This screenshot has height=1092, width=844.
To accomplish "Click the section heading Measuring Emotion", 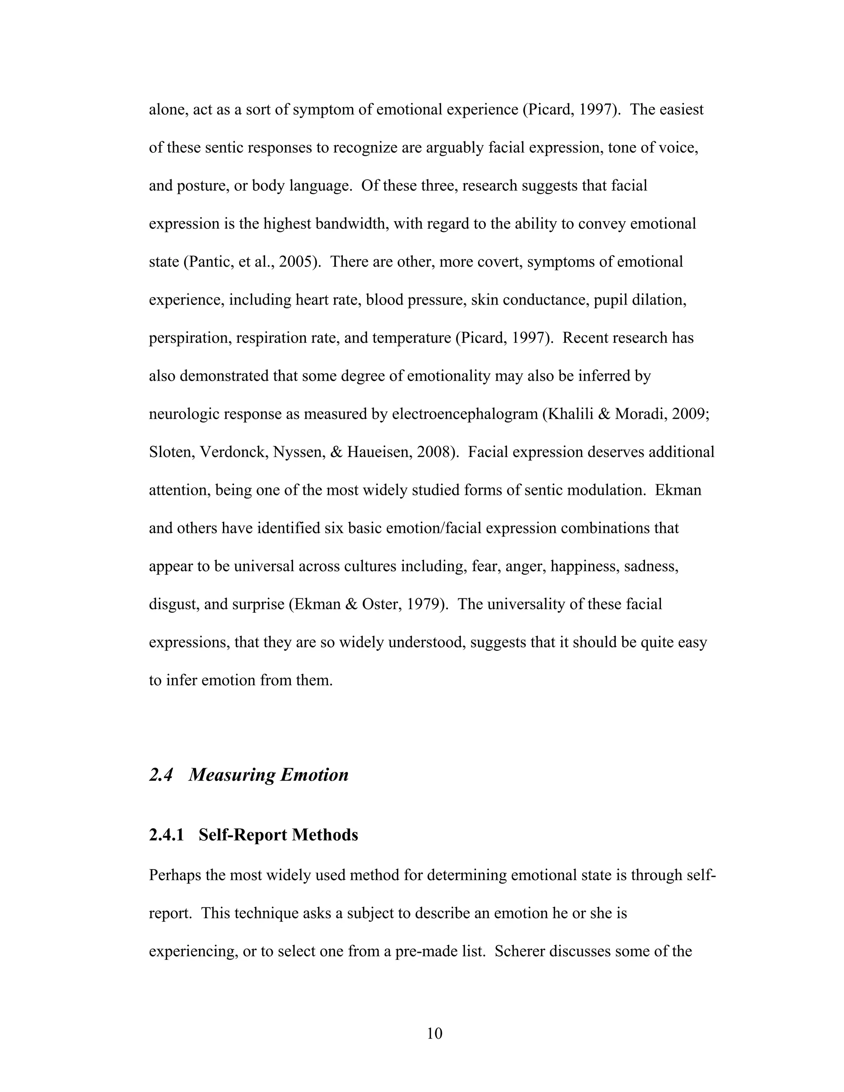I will tap(269, 775).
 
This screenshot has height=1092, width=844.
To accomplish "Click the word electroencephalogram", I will tap(464, 414).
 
